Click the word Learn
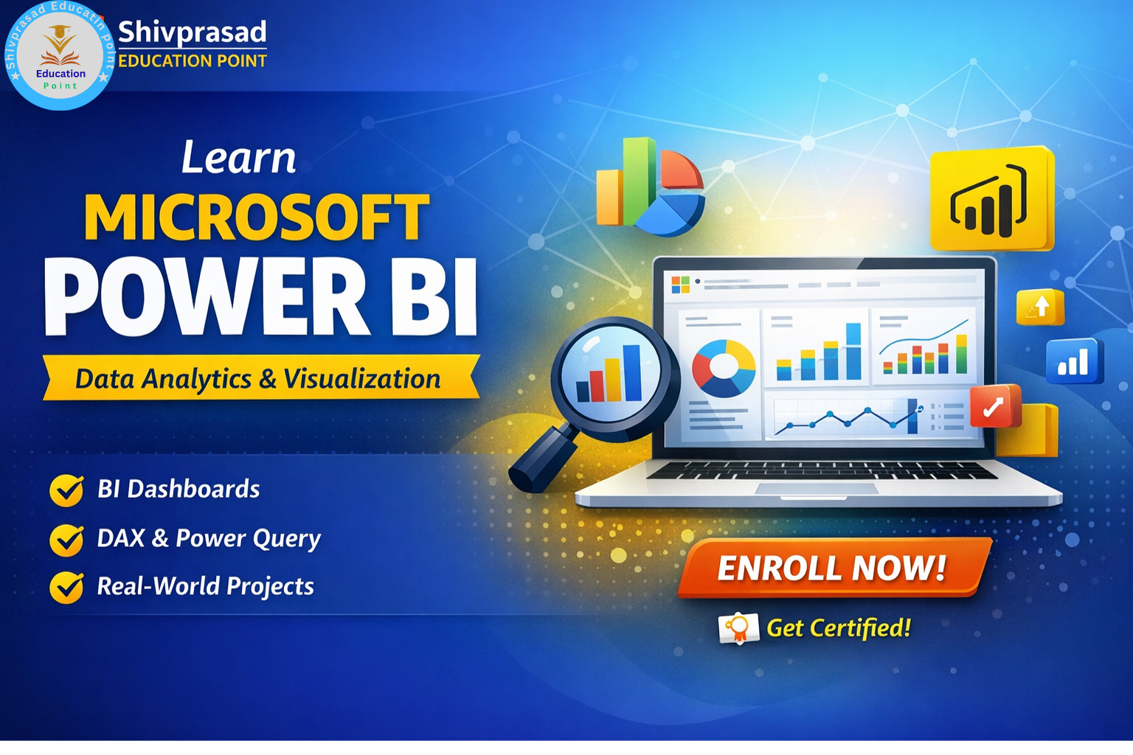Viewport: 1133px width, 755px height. (238, 158)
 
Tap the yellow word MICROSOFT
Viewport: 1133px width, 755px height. (256, 218)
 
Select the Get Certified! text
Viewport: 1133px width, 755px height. (839, 628)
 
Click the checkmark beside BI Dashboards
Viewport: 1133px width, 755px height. (66, 490)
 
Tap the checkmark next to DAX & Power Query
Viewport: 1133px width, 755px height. (66, 540)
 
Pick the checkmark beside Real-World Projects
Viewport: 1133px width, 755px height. (66, 588)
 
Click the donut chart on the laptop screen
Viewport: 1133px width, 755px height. (724, 367)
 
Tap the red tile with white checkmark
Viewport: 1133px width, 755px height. (994, 406)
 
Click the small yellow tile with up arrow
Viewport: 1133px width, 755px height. (1040, 307)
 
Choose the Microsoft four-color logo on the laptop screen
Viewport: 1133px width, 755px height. (680, 285)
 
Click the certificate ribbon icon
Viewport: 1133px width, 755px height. (738, 629)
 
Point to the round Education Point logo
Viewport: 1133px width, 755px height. (59, 56)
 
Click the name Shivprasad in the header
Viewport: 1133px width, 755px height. (192, 32)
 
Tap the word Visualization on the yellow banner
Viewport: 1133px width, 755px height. (362, 379)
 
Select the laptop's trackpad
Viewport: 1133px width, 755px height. (817, 489)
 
